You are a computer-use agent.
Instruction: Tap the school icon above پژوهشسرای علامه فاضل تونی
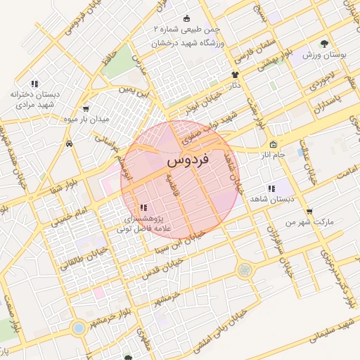[143, 207]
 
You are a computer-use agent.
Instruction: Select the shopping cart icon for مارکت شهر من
[309, 212]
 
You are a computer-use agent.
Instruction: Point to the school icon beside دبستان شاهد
[271, 188]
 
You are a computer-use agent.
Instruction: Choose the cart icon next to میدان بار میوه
[86, 109]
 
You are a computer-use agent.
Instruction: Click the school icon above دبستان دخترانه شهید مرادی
[34, 84]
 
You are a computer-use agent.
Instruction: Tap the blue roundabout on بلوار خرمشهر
[79, 328]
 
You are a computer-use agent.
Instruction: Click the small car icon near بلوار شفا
[70, 144]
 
